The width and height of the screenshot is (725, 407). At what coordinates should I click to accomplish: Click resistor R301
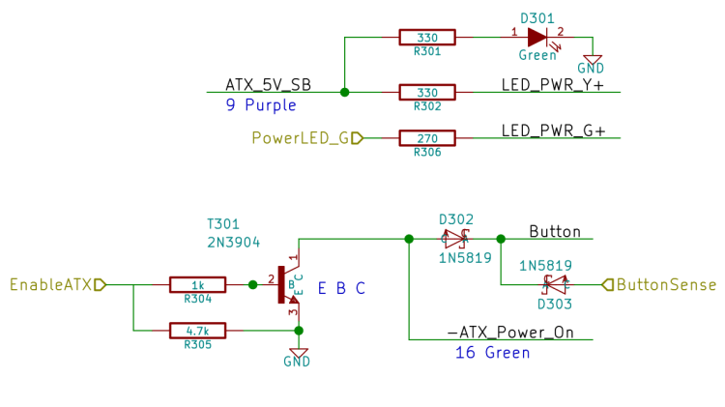426,38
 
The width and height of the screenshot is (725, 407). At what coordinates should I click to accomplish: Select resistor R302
426,92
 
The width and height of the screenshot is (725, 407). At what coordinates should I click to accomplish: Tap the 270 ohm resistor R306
426,138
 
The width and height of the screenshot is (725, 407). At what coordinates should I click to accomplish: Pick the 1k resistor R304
197,284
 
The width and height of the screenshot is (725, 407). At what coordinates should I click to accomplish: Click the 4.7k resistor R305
197,331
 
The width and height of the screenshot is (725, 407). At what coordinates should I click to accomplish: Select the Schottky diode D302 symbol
454,238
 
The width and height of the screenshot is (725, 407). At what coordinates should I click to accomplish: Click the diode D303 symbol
554,284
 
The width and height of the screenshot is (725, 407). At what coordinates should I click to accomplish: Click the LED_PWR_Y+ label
552,84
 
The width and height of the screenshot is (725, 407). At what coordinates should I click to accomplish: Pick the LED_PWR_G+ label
553,131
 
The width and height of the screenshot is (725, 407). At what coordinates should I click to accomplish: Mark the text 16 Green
492,353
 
